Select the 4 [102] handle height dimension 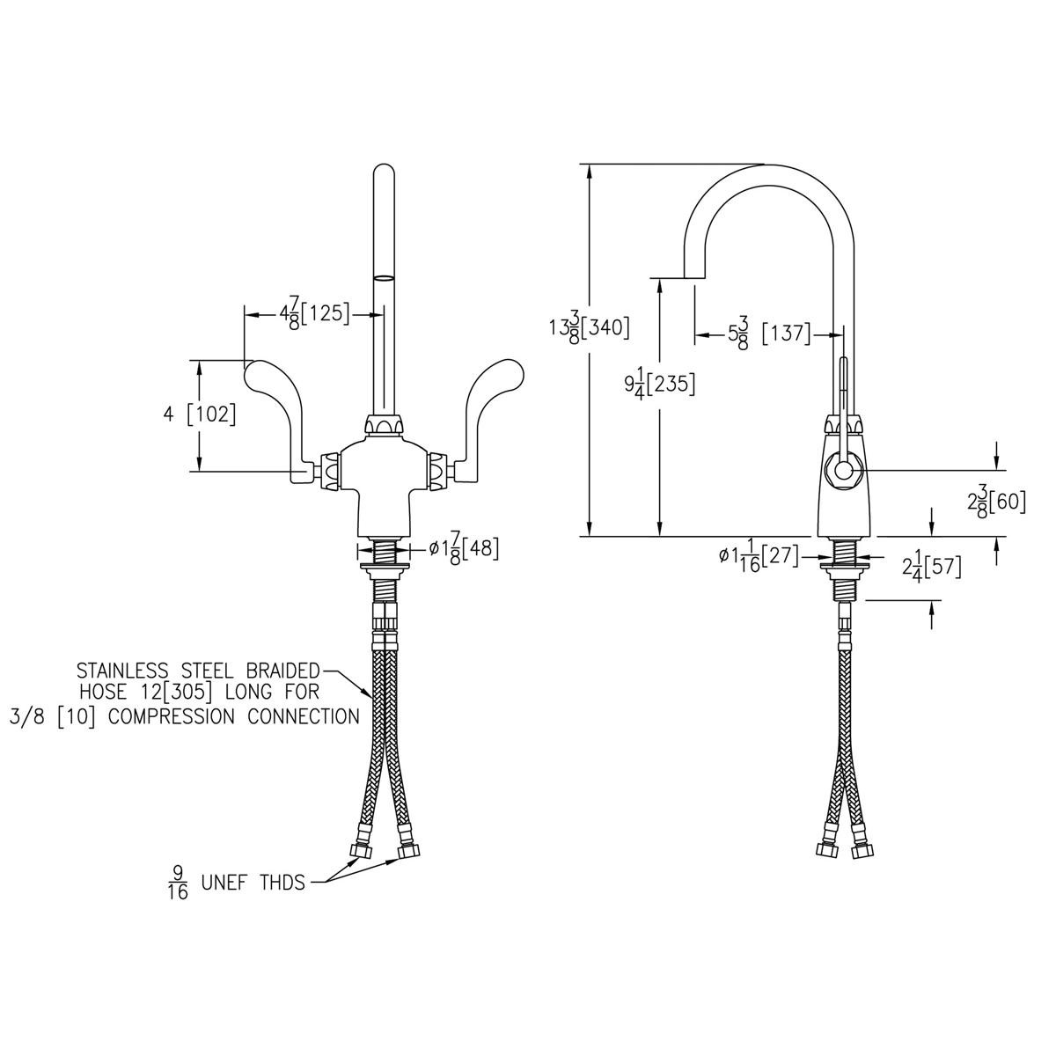(x=200, y=414)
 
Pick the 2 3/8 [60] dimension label (x=996, y=502)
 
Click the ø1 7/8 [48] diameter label (x=464, y=549)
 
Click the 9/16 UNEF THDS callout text (x=236, y=883)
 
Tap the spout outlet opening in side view (x=694, y=279)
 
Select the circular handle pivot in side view (x=843, y=473)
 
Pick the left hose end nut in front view (x=360, y=852)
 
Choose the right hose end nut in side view (x=860, y=850)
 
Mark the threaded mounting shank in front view (x=384, y=554)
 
